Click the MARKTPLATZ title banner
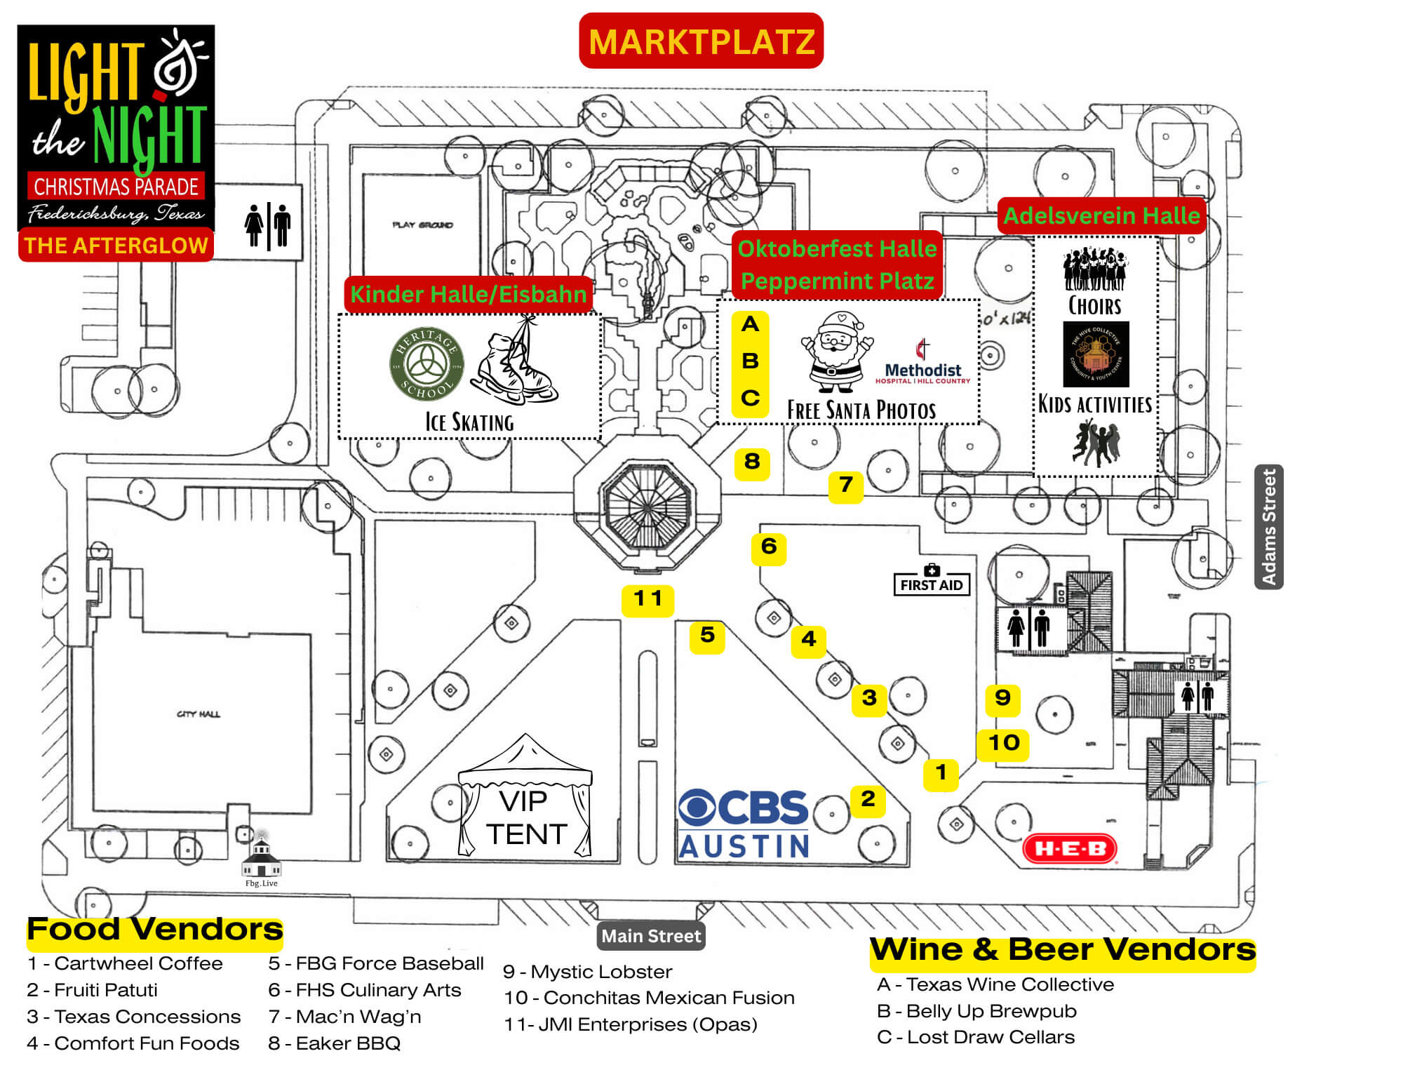701,41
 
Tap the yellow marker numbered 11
647,600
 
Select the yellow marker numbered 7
845,486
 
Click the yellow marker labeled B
750,361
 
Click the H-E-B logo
1070,849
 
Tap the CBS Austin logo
744,824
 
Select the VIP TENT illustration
525,800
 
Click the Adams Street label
1268,526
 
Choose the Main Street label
651,936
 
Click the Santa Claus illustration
836,352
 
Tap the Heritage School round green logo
426,364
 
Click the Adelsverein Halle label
1101,215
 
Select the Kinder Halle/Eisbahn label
468,294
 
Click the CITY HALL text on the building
199,714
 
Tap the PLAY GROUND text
422,225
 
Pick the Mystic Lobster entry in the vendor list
588,972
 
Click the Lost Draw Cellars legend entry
976,1037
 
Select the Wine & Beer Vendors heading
1062,951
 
